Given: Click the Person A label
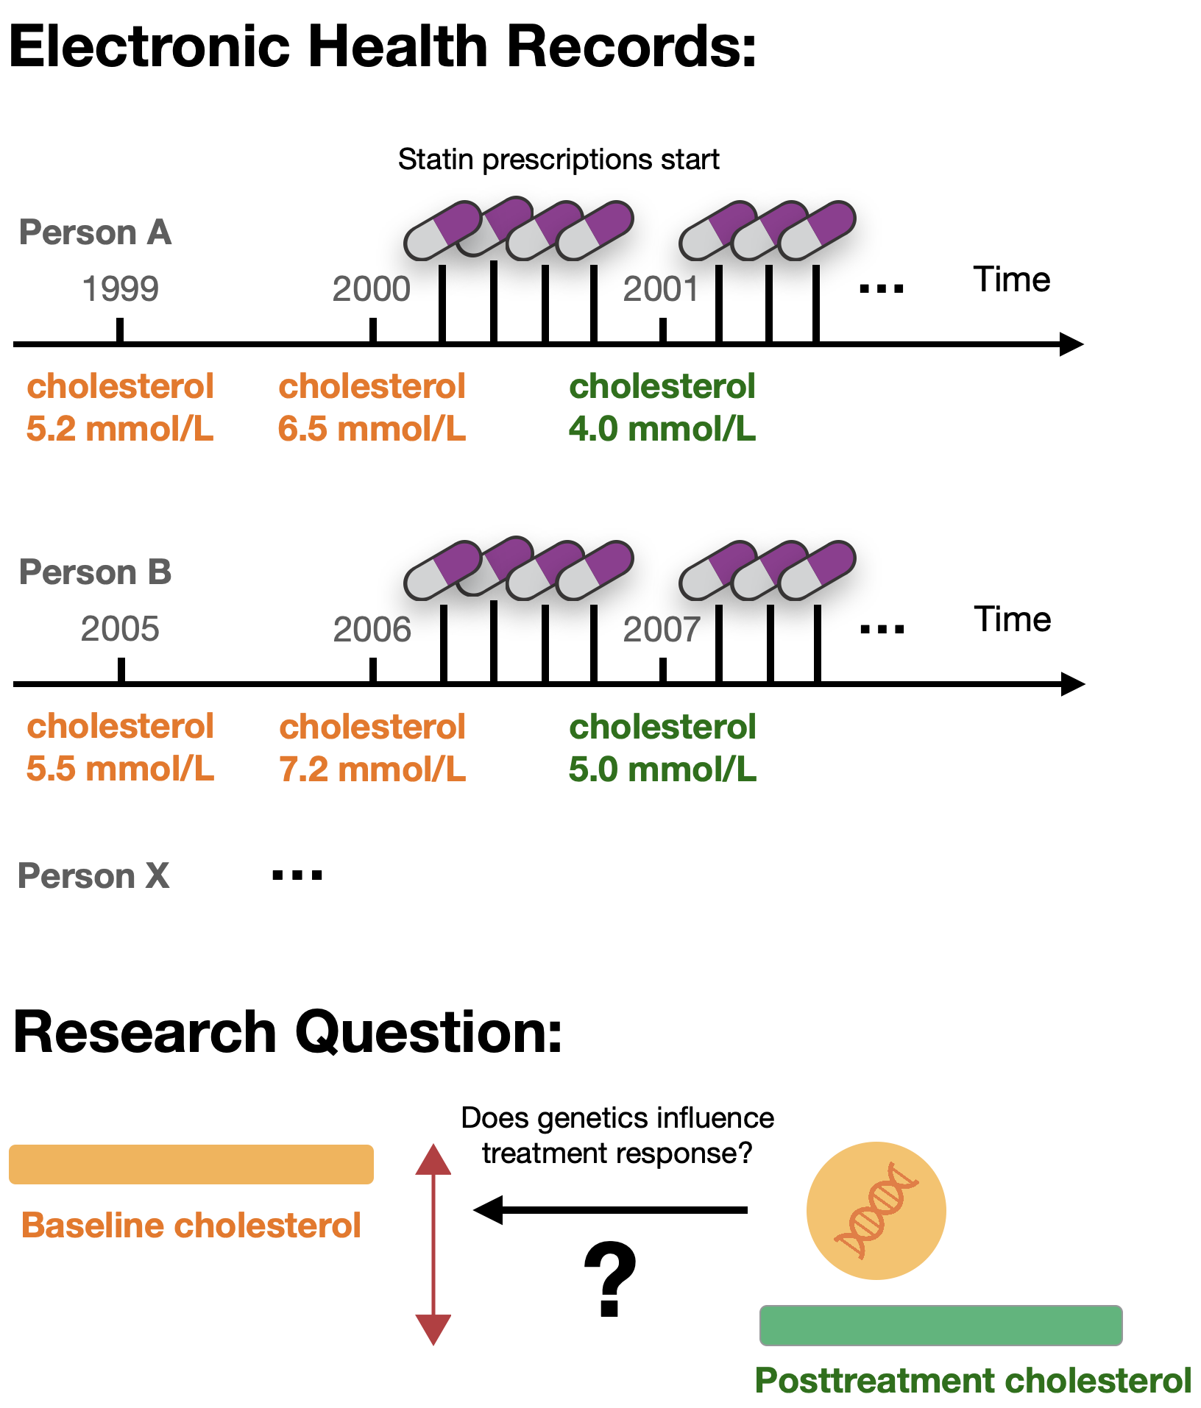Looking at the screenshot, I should coord(96,232).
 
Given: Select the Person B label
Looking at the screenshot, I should coord(96,572).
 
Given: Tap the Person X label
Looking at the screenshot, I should coord(94,876).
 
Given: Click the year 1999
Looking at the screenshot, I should coord(120,288).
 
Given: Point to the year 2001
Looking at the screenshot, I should coord(660,288).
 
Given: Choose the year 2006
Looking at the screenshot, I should coord(372,629).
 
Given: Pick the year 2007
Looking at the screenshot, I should coord(661,629).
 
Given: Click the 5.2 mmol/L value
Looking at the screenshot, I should coord(120,429).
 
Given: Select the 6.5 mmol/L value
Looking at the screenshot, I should coord(372,429).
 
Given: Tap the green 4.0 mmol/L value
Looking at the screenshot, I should coord(662,429).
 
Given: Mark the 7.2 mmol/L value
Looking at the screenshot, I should coord(372,769).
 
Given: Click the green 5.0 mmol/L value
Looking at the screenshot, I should coord(662,769).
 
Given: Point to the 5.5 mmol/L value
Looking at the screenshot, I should coord(120,769).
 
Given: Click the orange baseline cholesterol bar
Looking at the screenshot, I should coord(191,1164).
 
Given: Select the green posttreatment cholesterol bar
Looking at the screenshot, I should coord(940,1325).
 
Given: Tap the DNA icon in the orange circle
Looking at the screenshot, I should coord(876,1210).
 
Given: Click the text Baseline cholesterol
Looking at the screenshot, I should coord(191,1226).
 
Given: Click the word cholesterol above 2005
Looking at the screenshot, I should coord(120,726).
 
